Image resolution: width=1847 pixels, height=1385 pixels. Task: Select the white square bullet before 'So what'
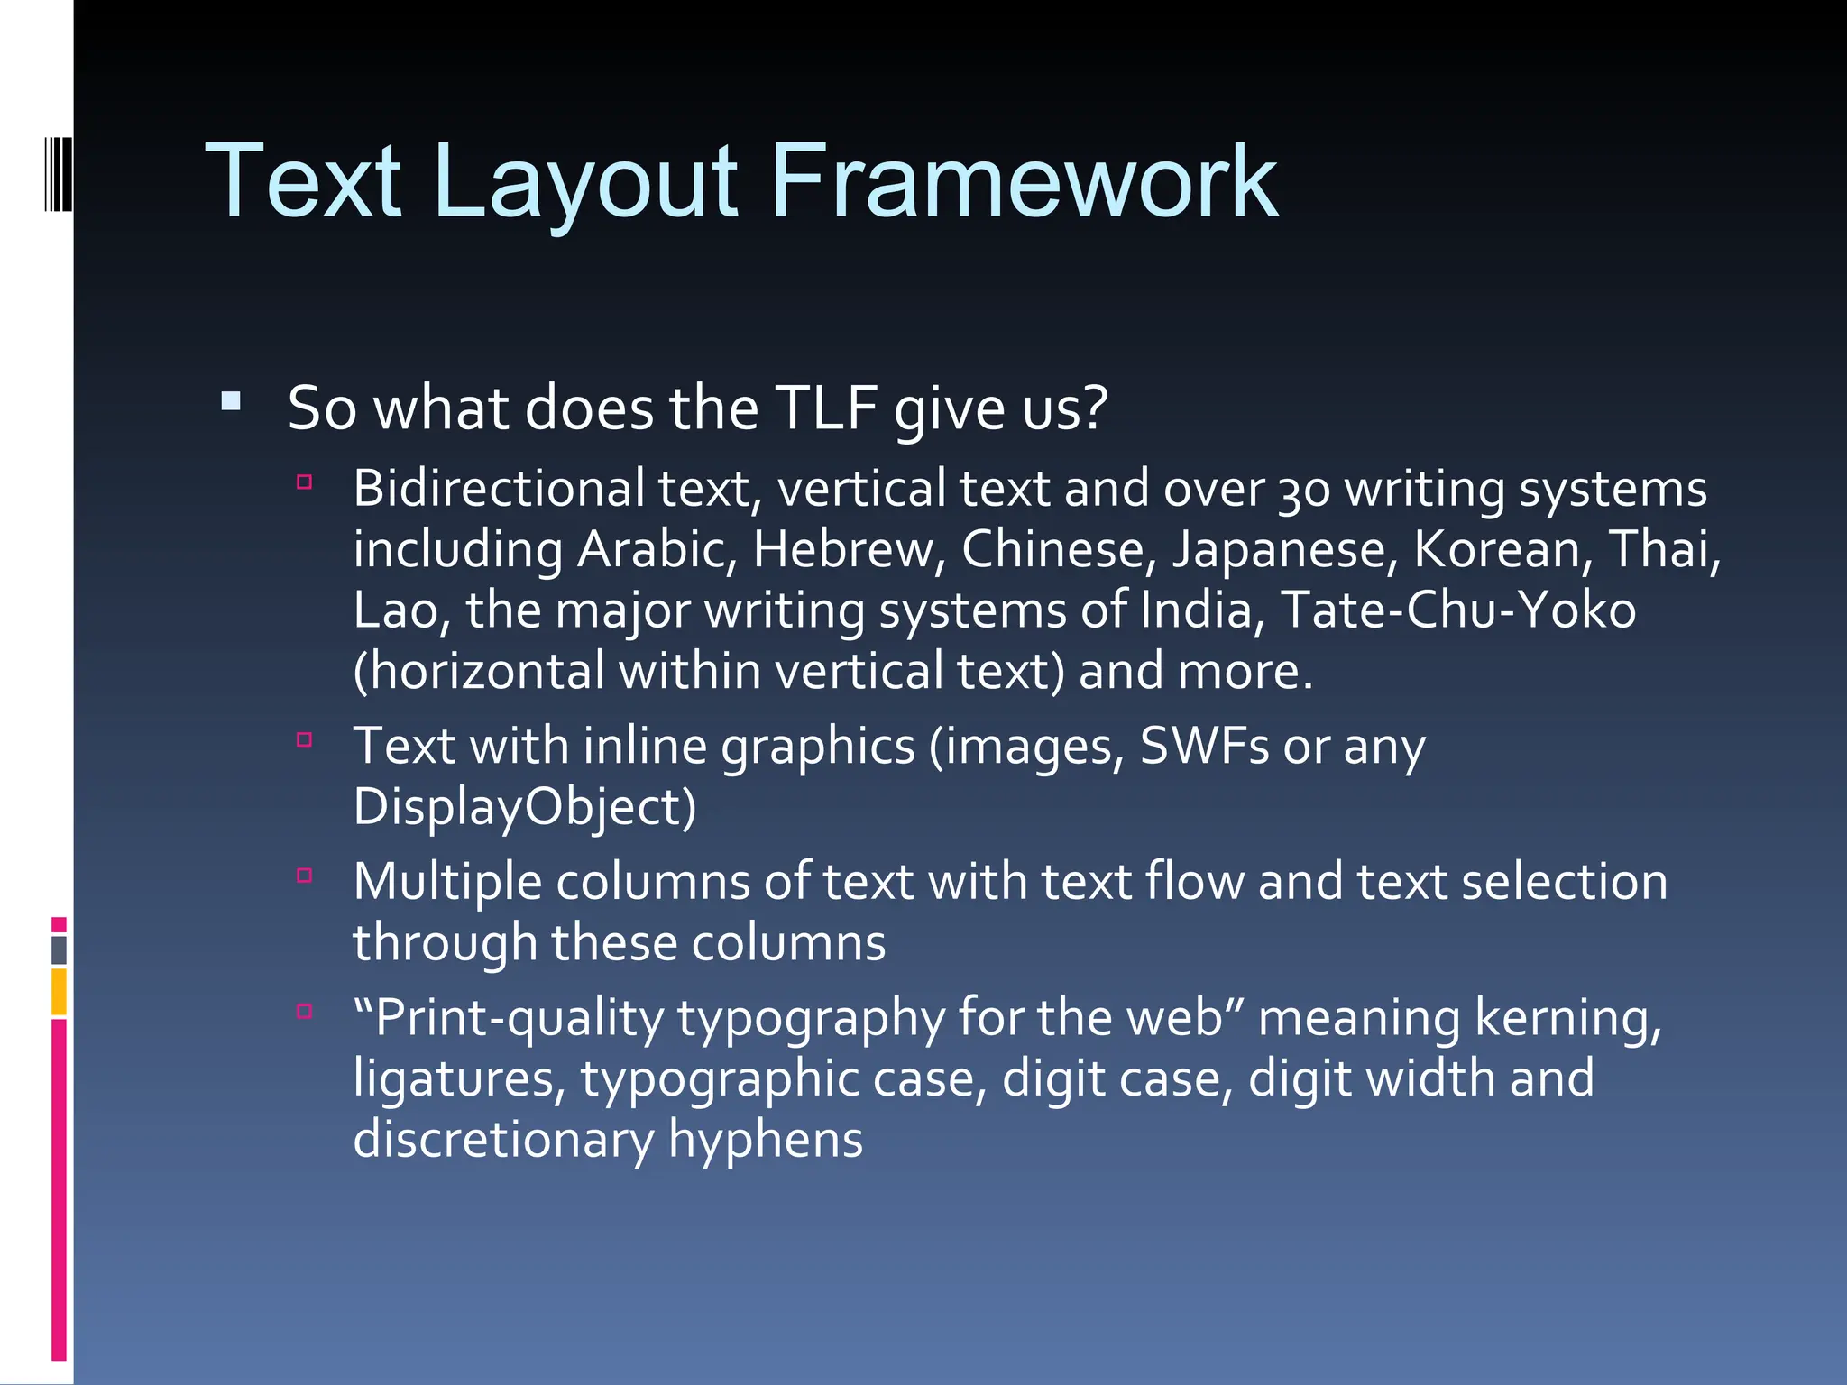pos(232,401)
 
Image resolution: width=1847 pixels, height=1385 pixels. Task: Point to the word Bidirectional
pos(499,489)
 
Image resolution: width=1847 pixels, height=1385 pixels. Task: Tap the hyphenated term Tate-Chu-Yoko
pos(1457,610)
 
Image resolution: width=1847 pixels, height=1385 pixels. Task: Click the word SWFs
pos(1205,747)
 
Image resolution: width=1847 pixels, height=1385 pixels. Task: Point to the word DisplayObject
pos(524,807)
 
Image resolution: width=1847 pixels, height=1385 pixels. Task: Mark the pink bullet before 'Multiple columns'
pos(305,875)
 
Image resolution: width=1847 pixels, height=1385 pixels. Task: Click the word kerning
pos(1567,1018)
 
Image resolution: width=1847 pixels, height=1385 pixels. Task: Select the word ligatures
pos(458,1079)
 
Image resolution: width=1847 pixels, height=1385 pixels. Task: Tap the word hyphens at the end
pos(766,1140)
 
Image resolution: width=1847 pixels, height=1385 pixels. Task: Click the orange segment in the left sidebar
pos(59,992)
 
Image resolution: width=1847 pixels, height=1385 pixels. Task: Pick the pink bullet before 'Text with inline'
pos(305,740)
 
